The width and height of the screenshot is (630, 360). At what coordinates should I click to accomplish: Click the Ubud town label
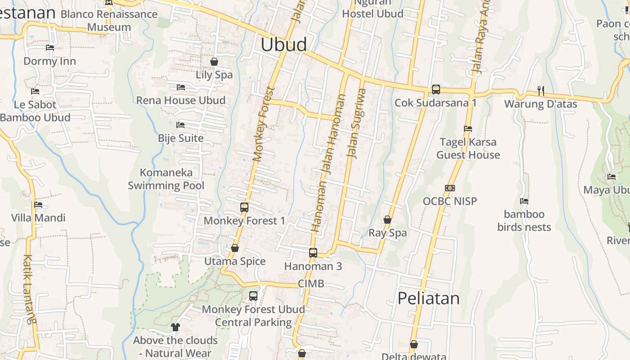click(x=284, y=44)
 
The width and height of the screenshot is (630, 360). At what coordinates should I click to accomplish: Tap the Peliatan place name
click(x=428, y=298)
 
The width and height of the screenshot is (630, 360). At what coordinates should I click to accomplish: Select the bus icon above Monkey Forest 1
click(x=244, y=207)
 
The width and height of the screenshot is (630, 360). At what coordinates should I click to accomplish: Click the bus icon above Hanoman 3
click(x=313, y=253)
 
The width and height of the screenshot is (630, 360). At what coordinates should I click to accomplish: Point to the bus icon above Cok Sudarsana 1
click(x=436, y=90)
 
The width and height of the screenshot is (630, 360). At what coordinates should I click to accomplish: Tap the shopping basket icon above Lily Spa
click(x=214, y=62)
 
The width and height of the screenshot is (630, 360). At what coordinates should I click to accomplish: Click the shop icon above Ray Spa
click(x=387, y=220)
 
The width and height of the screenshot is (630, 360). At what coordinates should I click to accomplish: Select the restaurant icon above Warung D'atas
click(x=540, y=91)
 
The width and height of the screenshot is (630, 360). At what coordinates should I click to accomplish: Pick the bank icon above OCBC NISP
click(x=450, y=188)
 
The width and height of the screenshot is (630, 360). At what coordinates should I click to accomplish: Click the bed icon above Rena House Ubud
click(x=181, y=87)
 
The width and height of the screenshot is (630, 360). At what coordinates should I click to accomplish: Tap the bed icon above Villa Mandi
click(x=38, y=205)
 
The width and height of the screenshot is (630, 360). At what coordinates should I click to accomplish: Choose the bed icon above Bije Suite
click(x=180, y=125)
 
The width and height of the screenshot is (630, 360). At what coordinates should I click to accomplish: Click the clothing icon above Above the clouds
click(x=175, y=327)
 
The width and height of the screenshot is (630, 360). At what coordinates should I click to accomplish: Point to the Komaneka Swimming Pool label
click(x=166, y=179)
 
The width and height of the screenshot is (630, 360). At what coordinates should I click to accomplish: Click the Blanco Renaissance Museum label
click(x=109, y=20)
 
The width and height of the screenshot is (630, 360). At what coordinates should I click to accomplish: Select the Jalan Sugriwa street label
click(x=355, y=123)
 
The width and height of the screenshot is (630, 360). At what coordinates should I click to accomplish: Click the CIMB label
click(x=311, y=283)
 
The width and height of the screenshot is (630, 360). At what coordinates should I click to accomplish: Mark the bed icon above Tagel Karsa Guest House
click(x=468, y=129)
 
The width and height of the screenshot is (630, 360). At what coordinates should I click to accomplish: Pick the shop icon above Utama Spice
click(x=234, y=248)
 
